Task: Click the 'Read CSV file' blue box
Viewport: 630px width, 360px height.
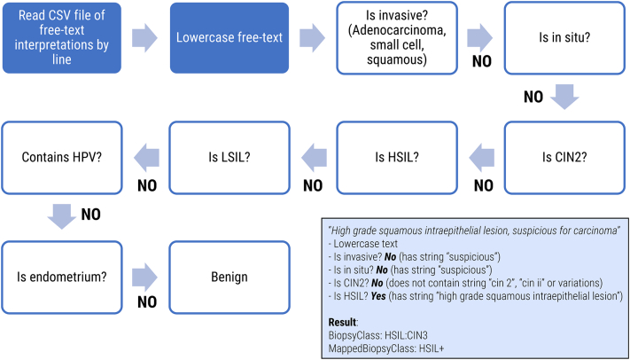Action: pyautogui.click(x=61, y=37)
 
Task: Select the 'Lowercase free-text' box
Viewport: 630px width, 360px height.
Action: pyautogui.click(x=229, y=37)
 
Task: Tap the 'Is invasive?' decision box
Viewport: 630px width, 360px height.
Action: pyautogui.click(x=396, y=37)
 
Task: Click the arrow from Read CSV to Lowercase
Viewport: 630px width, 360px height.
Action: pyautogui.click(x=145, y=37)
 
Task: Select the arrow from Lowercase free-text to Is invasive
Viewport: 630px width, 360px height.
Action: pyautogui.click(x=312, y=37)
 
